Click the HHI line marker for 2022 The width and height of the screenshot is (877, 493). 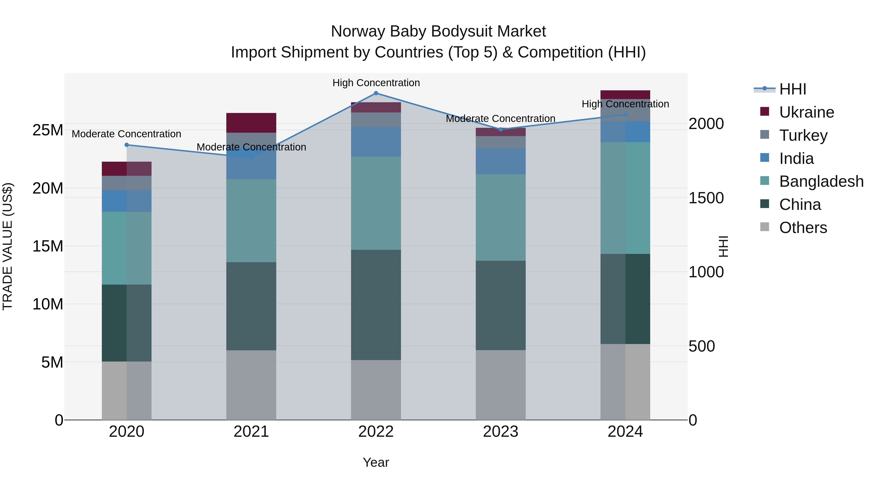coord(376,93)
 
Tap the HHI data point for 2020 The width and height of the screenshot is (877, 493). coord(127,145)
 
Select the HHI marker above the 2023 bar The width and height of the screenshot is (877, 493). coord(500,129)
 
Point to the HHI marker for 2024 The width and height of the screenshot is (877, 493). coord(625,115)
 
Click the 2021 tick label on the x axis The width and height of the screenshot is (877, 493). coord(251,432)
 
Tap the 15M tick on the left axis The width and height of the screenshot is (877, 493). coord(48,246)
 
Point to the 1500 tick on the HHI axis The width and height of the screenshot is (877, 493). coord(706,198)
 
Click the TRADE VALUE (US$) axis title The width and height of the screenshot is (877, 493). coord(8,246)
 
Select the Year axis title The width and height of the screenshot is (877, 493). coord(376,462)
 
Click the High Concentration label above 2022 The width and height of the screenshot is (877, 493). coord(376,83)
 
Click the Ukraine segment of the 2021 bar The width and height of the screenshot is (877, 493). coord(251,122)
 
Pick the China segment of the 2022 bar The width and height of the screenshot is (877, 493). coord(376,305)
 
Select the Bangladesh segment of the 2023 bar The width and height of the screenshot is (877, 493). coord(500,217)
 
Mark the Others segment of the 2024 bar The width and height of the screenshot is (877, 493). coord(625,382)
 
